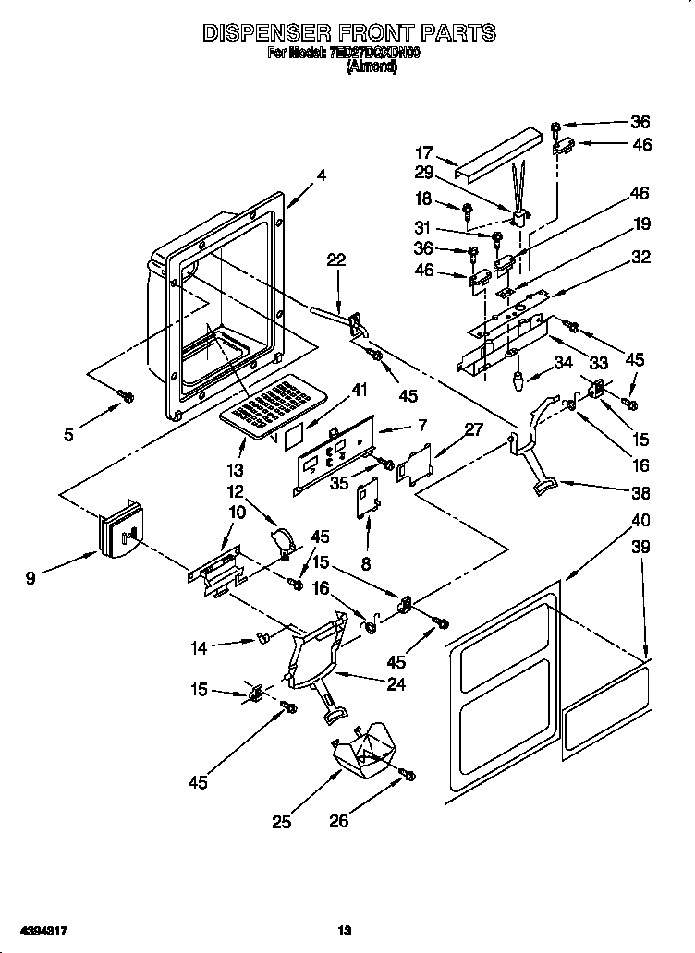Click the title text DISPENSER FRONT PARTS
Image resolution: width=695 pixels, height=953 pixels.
[348, 33]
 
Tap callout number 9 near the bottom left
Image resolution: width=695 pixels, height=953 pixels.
[31, 579]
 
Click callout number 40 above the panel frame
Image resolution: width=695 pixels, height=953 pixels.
[640, 521]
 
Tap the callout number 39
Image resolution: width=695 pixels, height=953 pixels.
[640, 548]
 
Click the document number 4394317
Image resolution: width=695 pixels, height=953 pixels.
[37, 931]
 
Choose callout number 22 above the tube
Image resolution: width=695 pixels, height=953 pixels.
[336, 261]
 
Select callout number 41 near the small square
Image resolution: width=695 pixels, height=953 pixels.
[360, 391]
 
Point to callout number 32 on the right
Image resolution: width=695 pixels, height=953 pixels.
[640, 258]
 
